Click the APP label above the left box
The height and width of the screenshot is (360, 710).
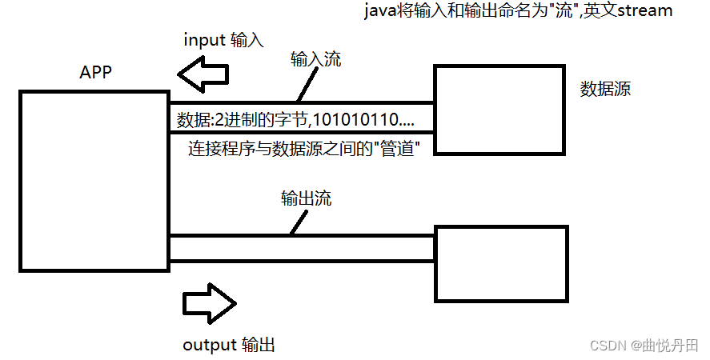[95, 73]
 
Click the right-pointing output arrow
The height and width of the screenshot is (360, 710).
[209, 303]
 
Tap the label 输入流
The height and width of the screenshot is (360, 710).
[315, 58]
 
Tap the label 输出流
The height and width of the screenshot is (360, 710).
[306, 198]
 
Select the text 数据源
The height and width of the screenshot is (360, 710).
[605, 89]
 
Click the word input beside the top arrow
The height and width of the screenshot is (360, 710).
[204, 39]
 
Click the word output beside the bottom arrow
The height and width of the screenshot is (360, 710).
[210, 345]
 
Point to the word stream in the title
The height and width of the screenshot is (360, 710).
[645, 11]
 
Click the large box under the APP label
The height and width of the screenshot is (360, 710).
[94, 180]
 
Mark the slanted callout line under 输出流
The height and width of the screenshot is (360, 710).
[298, 224]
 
